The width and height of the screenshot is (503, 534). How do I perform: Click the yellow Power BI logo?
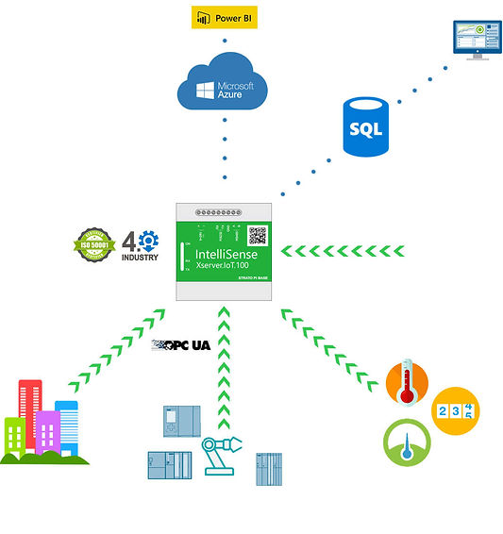click(x=224, y=18)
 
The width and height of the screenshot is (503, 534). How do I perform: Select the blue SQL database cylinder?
click(x=365, y=128)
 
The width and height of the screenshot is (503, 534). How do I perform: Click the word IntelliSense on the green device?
click(x=225, y=252)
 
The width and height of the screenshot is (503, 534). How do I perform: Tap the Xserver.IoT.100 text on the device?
click(x=226, y=269)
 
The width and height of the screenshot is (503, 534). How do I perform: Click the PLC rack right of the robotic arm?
click(x=269, y=469)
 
